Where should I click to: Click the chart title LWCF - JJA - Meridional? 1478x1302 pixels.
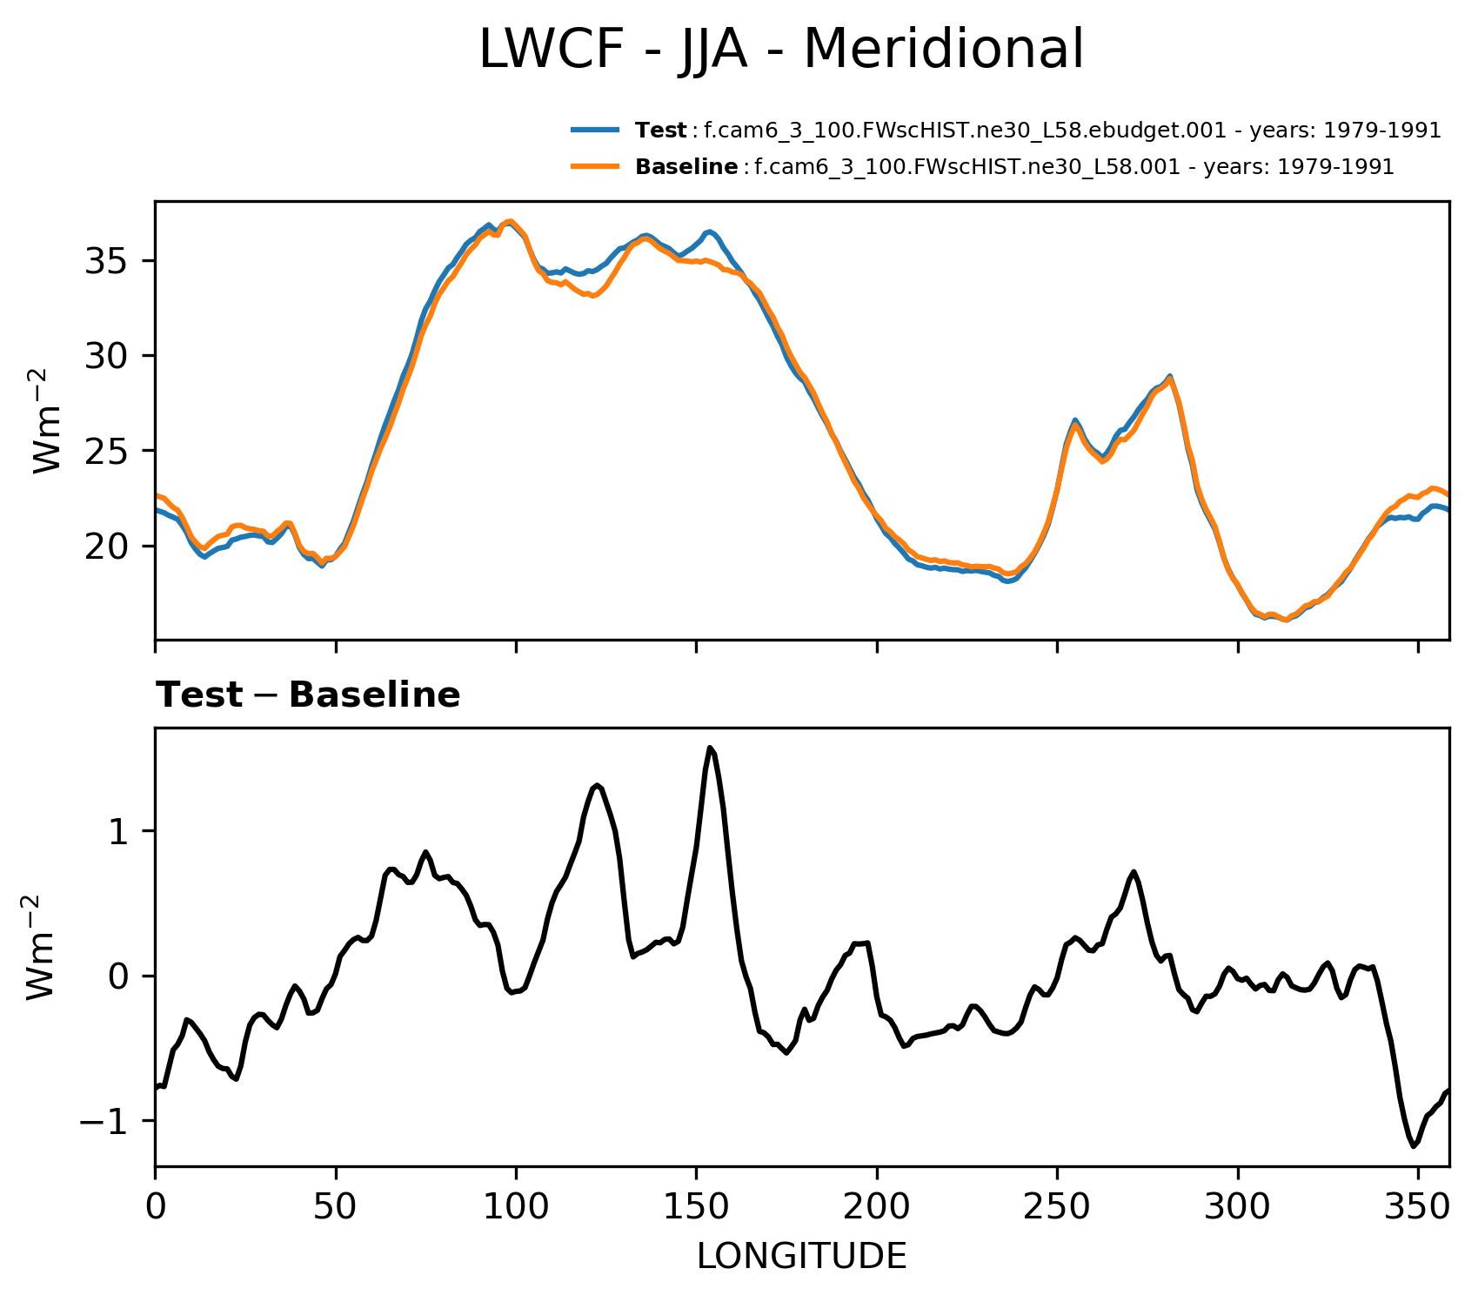tap(781, 50)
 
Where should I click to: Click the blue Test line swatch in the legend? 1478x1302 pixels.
tap(595, 131)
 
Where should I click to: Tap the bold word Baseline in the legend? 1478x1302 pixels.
tap(686, 167)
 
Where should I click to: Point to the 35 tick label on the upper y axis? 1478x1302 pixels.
tap(108, 261)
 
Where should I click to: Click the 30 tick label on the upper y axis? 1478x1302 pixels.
tap(108, 356)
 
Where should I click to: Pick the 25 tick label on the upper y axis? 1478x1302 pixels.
tap(108, 451)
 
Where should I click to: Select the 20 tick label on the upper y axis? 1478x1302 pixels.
tap(108, 547)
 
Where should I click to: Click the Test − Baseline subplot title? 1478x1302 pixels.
tap(308, 695)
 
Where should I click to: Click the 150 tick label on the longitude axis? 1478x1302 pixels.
tap(696, 1208)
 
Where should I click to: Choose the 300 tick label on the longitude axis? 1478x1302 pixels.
tap(1238, 1208)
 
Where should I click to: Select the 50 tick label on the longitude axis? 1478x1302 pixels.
tap(336, 1208)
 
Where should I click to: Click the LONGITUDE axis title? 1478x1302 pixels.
tap(801, 1257)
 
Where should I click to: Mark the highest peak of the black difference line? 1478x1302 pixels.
tap(710, 748)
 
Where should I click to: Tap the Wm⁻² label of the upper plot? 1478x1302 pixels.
tap(48, 421)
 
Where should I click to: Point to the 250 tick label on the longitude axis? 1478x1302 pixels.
tap(1057, 1208)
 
